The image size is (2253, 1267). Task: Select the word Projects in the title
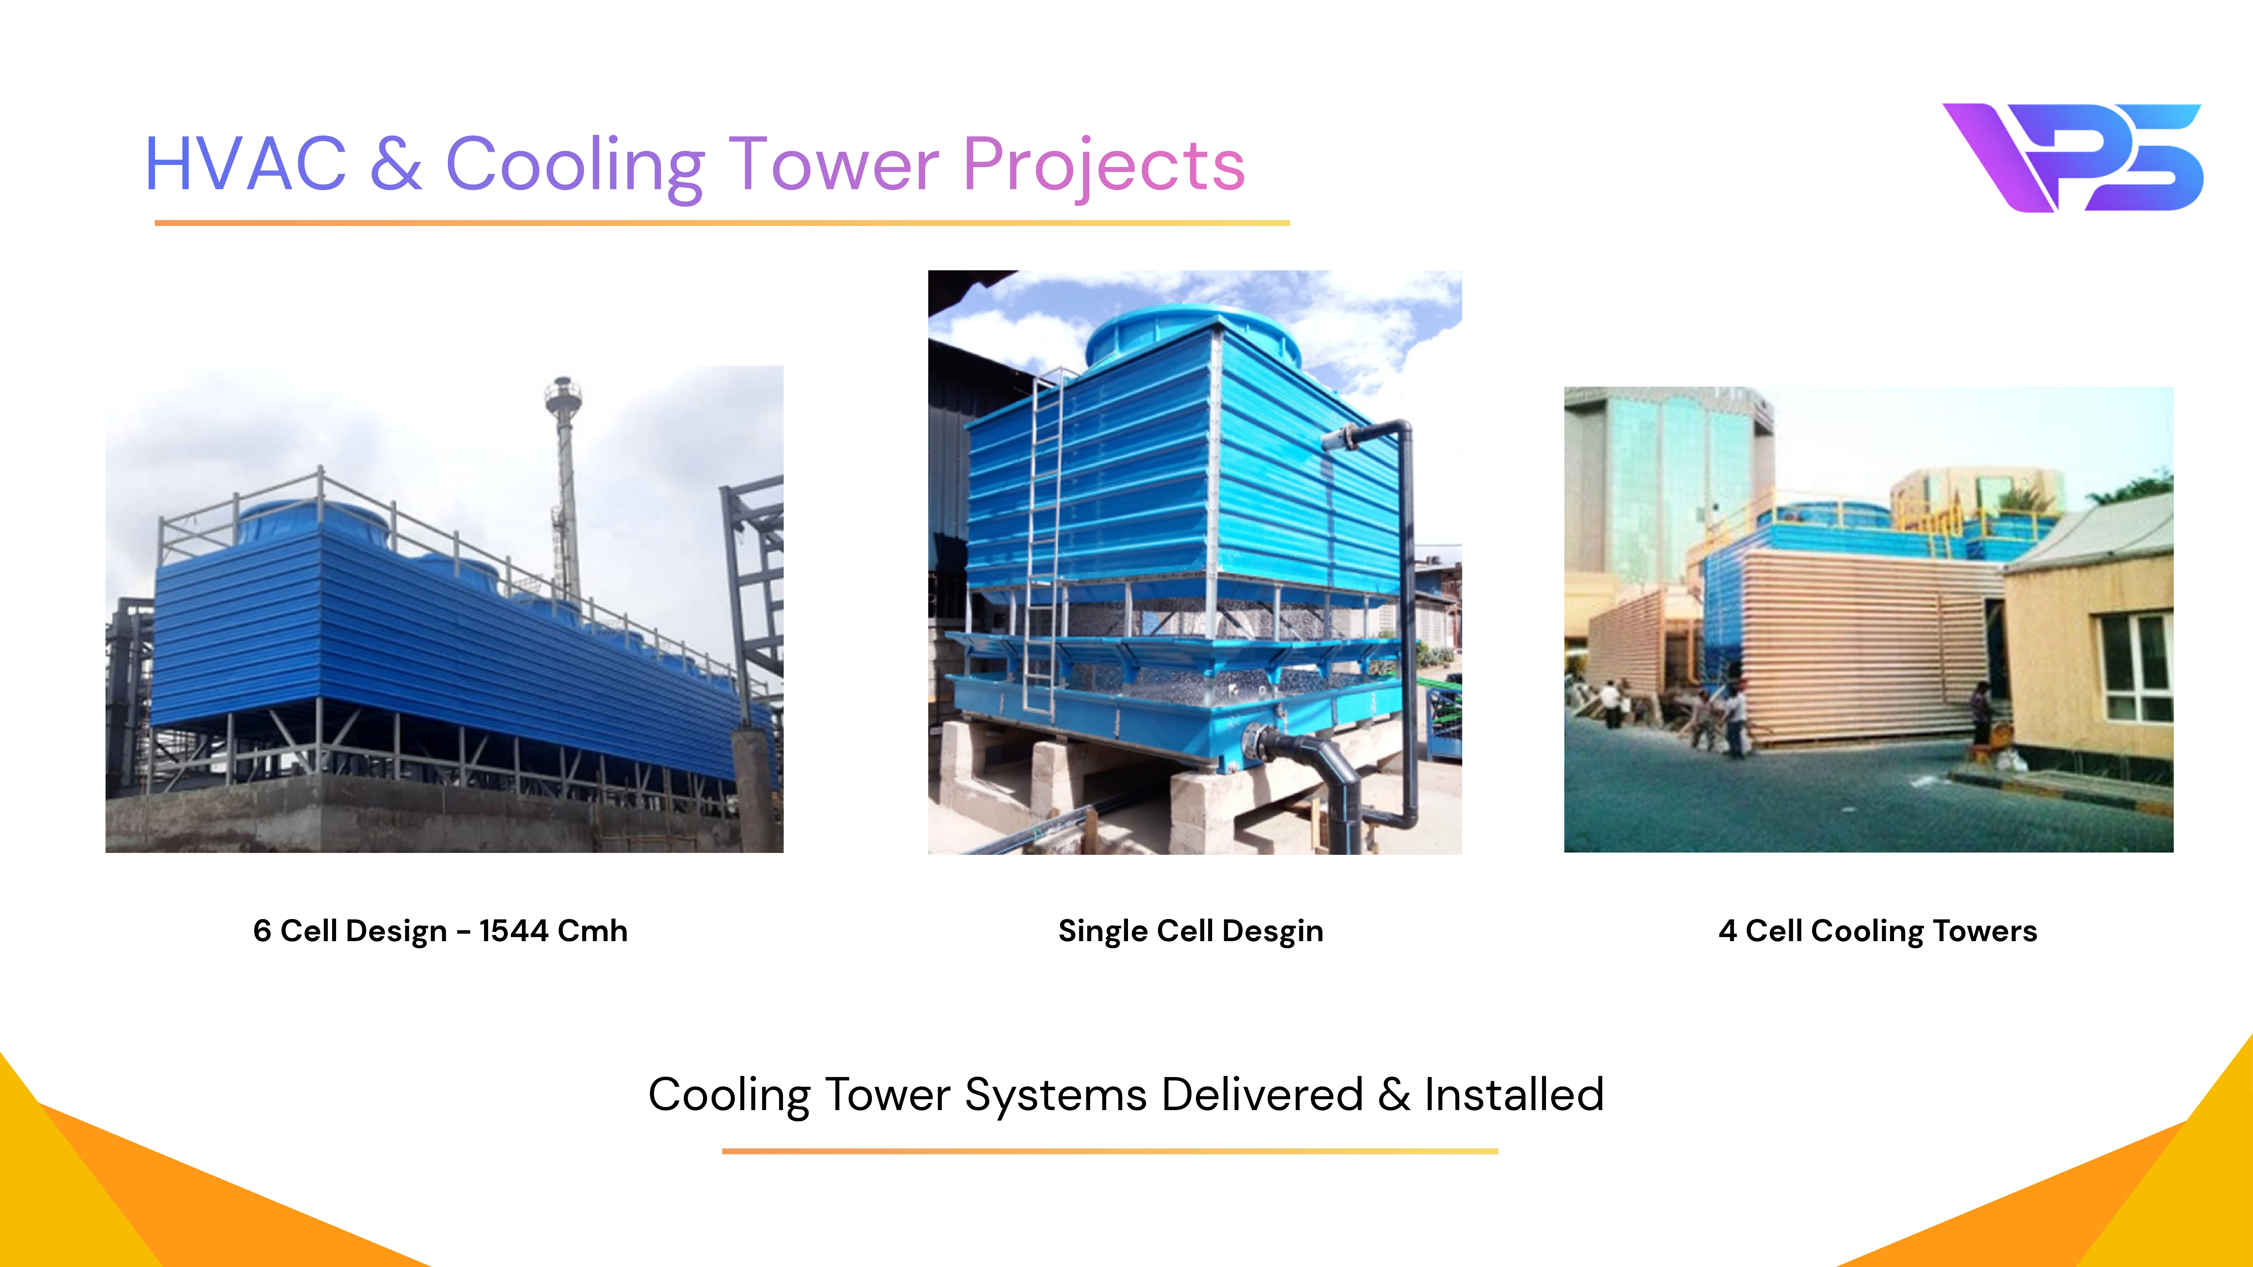1104,168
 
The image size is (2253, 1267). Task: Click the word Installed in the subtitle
1514,1095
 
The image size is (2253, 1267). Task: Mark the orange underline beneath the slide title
722,223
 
